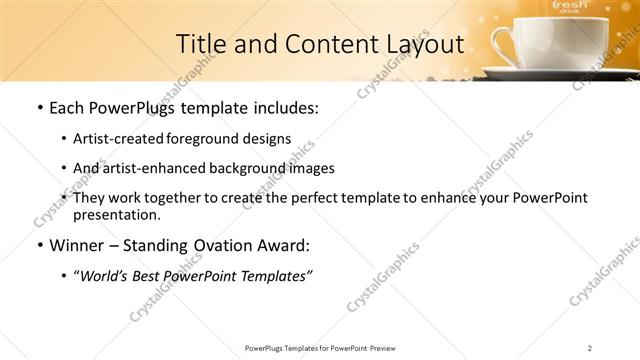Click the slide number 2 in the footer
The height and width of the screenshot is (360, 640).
[x=590, y=348]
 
